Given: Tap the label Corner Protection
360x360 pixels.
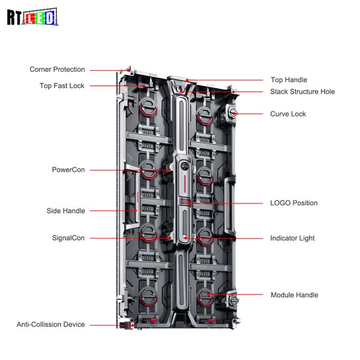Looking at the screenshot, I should point(58,70).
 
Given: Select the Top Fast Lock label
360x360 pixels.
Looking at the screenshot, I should point(62,86).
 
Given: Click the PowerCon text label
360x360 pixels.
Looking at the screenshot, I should point(68,170).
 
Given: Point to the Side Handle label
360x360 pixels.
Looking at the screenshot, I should point(66,211).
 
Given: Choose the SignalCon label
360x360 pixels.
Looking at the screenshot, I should point(68,238).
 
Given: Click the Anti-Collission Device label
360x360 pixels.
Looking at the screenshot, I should point(51,325).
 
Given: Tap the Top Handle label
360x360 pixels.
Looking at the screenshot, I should point(289,80).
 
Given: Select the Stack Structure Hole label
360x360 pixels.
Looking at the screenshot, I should point(302,92).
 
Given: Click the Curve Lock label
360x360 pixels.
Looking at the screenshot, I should point(288,114).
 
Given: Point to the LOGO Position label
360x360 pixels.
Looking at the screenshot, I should point(294,203).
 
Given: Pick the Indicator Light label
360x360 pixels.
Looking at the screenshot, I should point(292,238).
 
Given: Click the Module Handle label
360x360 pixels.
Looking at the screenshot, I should point(294,295).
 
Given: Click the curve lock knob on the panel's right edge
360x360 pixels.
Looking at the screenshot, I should point(232,112).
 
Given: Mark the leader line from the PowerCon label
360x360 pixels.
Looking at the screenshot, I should point(126,170).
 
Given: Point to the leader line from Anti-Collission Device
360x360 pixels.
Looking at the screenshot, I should point(105,325).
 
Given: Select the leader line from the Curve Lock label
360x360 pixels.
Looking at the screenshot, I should point(252,113).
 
